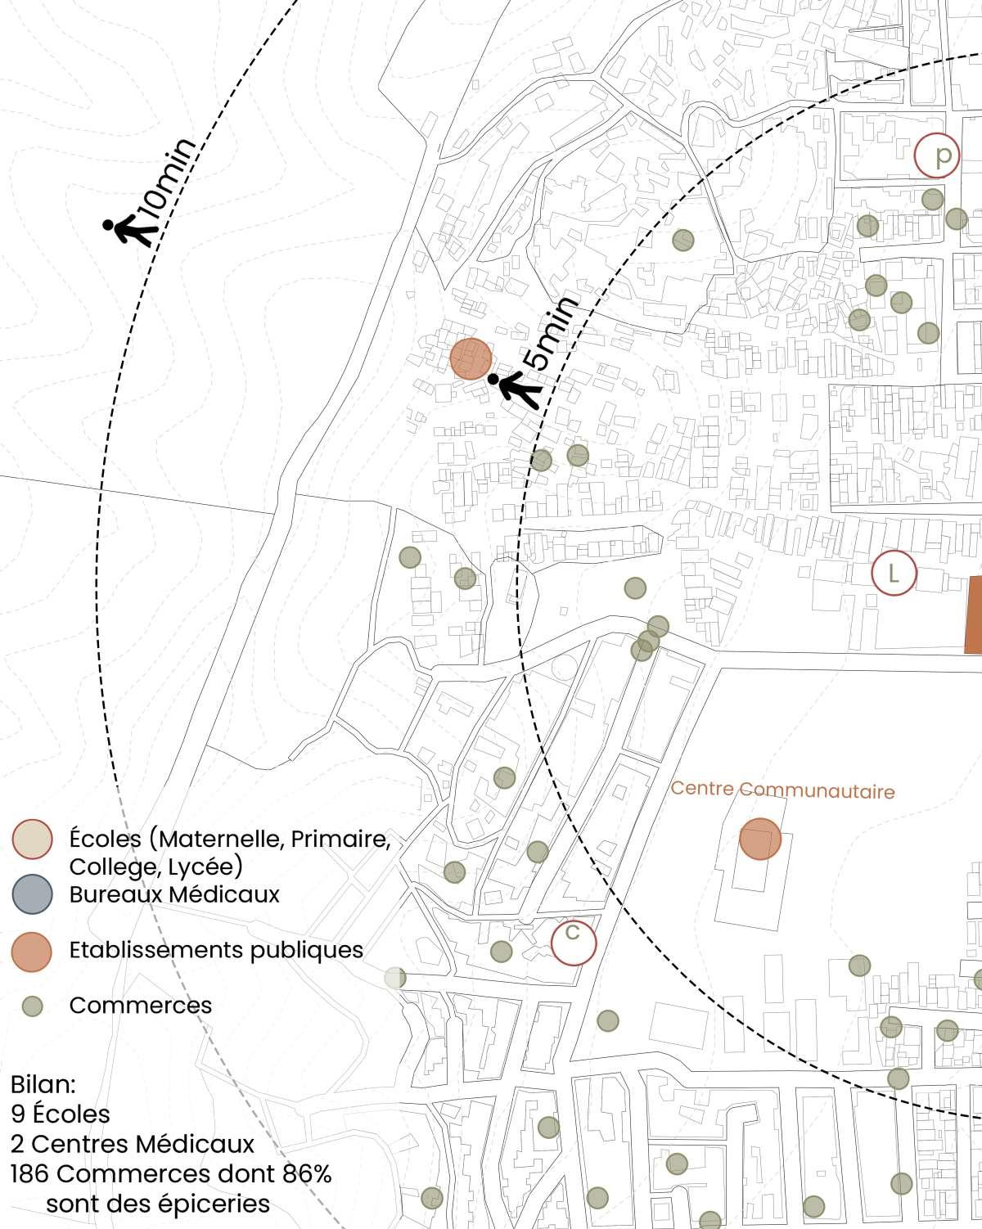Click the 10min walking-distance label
pyautogui.click(x=168, y=181)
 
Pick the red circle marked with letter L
pyautogui.click(x=894, y=573)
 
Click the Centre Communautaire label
pyautogui.click(x=782, y=790)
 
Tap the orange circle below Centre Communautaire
pyautogui.click(x=760, y=840)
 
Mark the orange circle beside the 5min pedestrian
pyautogui.click(x=471, y=359)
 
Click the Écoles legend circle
pyautogui.click(x=33, y=840)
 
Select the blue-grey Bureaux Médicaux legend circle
pyautogui.click(x=33, y=894)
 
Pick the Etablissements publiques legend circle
pyautogui.click(x=33, y=951)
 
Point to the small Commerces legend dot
pyautogui.click(x=33, y=1006)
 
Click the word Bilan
pyautogui.click(x=43, y=1085)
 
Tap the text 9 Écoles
pyautogui.click(x=61, y=1114)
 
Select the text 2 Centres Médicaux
pyautogui.click(x=133, y=1143)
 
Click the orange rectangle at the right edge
pyautogui.click(x=973, y=615)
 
